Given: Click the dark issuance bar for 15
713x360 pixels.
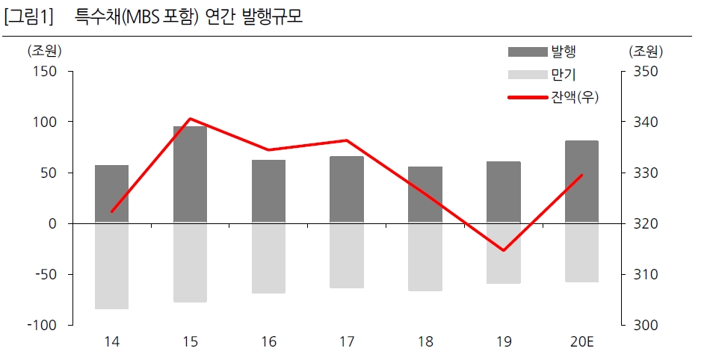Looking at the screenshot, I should [190, 174].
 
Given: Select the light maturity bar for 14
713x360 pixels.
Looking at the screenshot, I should [111, 266].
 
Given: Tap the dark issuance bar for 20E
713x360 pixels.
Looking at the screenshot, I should [581, 181].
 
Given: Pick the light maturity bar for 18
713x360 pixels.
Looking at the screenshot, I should [425, 257].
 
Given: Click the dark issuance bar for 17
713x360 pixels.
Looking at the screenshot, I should [346, 189].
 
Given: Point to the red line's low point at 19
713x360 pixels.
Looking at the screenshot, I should [503, 250].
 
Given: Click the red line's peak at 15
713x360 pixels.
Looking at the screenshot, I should [190, 118].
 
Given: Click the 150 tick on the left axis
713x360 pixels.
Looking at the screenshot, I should [46, 71].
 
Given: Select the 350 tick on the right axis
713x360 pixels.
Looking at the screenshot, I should [645, 71].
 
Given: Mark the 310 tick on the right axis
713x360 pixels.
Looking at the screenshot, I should [645, 274].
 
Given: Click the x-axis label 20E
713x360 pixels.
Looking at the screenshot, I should [581, 342].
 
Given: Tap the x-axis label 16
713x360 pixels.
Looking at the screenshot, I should [268, 342].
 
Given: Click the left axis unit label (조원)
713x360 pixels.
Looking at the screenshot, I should [44, 52].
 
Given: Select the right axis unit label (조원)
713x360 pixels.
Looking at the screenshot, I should [645, 52].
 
